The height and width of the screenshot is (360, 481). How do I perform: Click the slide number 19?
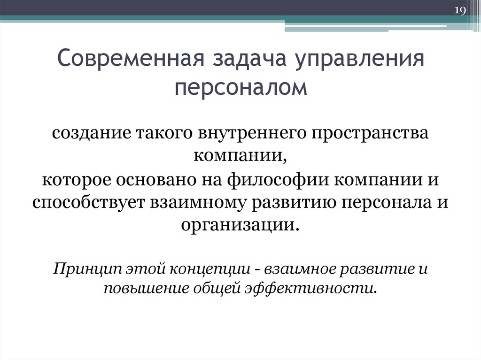[459, 11]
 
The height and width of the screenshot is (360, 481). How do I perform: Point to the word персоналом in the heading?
[241, 88]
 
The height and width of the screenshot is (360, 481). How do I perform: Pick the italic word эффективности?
[310, 287]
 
